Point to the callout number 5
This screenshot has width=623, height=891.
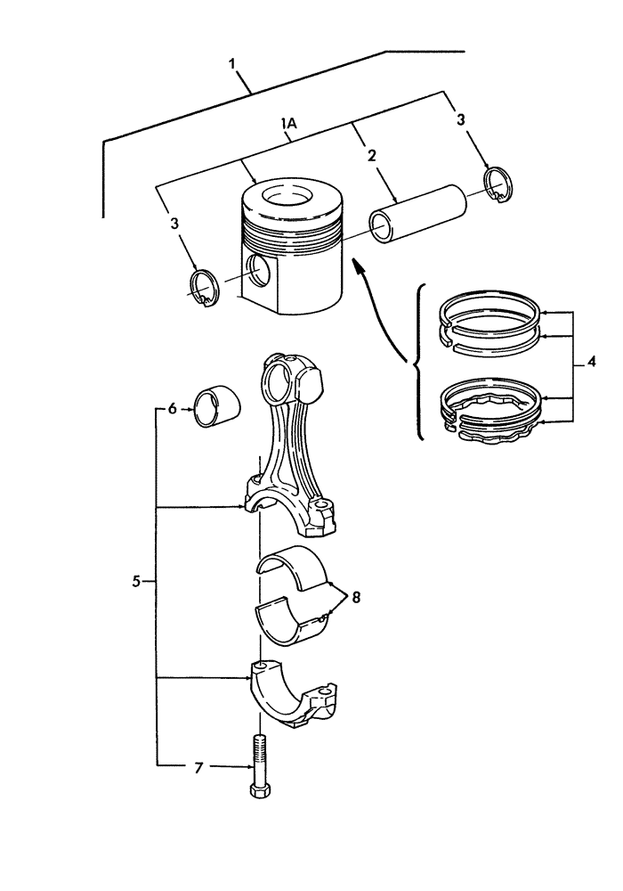coord(136,581)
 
